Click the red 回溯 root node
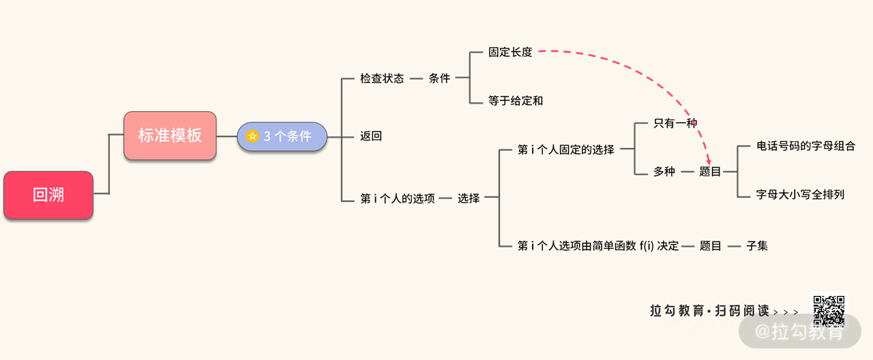coord(48,195)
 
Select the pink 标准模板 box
coord(170,136)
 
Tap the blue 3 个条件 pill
coord(282,136)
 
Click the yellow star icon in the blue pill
coord(252,136)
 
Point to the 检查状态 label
coord(382,78)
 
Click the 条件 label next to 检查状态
coord(439,78)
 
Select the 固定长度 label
coord(510,52)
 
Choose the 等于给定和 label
coord(516,101)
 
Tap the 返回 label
coord(371,136)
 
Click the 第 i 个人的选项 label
coord(398,199)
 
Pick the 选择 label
coord(469,198)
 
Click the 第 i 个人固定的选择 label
coord(566,149)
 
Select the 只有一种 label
coord(675,123)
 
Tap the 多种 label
coord(664,172)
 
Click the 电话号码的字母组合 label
coord(805,146)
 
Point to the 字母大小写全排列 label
coord(800,194)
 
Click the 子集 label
coord(757,245)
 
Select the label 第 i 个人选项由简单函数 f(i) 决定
coord(598,245)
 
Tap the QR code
coord(828,311)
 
